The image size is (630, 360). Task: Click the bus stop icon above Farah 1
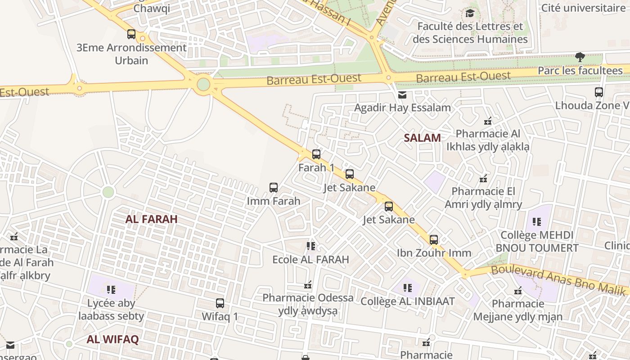(316, 154)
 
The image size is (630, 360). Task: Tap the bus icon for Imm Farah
(273, 188)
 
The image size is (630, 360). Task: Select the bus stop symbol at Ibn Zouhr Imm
(433, 240)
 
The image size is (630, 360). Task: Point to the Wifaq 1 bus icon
(220, 303)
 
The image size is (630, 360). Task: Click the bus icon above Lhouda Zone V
(598, 92)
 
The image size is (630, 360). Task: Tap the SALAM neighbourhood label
(422, 138)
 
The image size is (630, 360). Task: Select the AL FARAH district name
(151, 219)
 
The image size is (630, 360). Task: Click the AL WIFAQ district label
(112, 339)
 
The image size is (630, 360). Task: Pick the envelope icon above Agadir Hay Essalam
(402, 95)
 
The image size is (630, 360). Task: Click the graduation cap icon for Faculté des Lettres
(470, 13)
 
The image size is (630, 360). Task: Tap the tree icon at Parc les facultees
(580, 57)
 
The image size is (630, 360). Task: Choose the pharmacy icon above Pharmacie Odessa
(308, 285)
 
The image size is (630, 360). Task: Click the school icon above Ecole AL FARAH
(310, 246)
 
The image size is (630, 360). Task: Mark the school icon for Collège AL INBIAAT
(407, 288)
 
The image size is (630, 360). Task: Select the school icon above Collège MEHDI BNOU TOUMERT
(536, 221)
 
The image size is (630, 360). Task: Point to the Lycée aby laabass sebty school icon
(111, 289)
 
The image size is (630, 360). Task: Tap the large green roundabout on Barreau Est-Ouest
(203, 84)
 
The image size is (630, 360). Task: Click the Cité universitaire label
(583, 8)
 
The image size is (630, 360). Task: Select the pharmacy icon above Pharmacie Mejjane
(517, 291)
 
